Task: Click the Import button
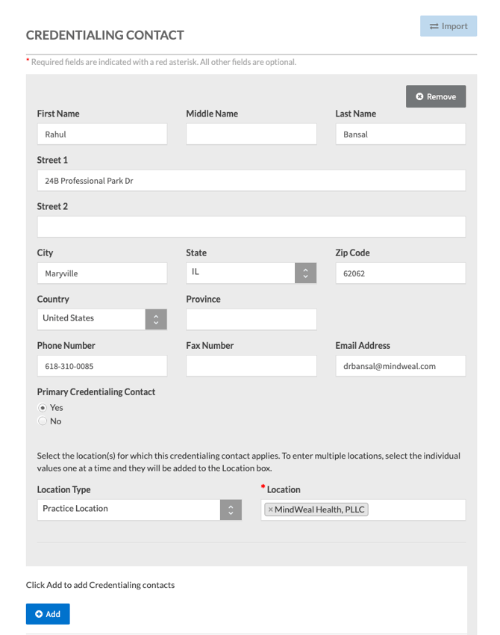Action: [x=449, y=26]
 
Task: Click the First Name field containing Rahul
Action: [x=102, y=134]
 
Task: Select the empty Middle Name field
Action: [x=251, y=134]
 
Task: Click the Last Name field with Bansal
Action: [x=400, y=134]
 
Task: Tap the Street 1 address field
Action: [x=251, y=181]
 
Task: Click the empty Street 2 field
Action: [x=251, y=227]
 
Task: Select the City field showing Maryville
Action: [x=102, y=273]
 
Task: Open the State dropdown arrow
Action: [x=305, y=273]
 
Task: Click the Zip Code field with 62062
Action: [x=400, y=273]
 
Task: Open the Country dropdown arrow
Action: [x=156, y=319]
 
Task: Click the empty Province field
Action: [x=251, y=320]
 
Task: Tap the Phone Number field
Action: [x=102, y=366]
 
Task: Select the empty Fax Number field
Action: [x=251, y=366]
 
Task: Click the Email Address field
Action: [x=400, y=366]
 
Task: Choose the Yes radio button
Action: [x=43, y=408]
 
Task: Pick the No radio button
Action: [x=43, y=421]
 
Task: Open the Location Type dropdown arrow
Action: [x=231, y=509]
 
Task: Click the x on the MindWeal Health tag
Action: [x=270, y=509]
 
